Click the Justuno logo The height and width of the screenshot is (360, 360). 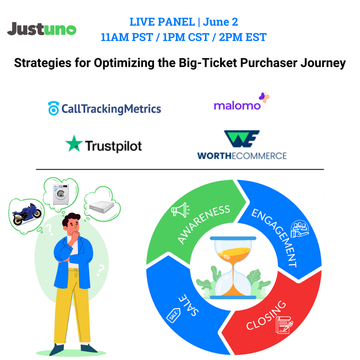pos(42,29)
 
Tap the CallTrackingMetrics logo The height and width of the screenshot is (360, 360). pos(104,109)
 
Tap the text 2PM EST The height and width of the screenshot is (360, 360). pos(243,37)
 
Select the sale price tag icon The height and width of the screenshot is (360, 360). pos(173,315)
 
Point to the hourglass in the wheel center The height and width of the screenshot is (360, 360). pos(233,267)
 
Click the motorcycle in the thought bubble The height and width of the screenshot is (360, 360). pos(26,213)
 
